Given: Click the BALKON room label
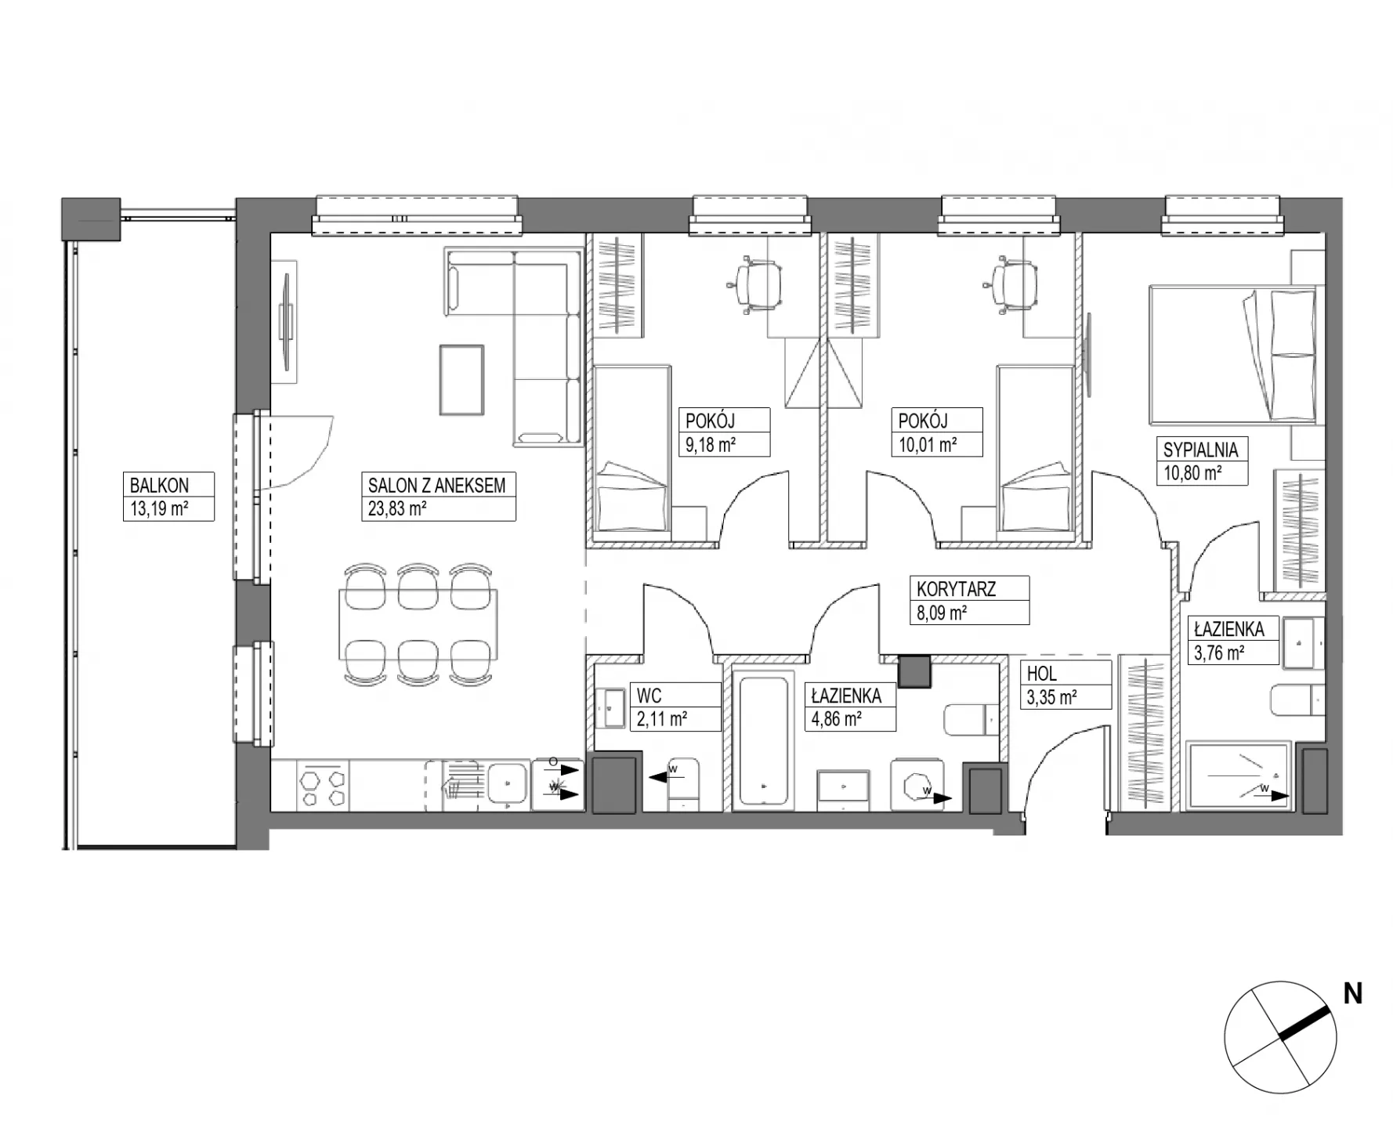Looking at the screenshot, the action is tap(159, 485).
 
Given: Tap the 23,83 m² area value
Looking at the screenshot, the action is tap(397, 509).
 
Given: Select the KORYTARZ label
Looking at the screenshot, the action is tap(957, 589).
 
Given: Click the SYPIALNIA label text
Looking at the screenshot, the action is tap(1200, 450).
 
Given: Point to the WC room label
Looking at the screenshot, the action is tap(649, 696).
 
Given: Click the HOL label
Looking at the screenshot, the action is tap(1041, 673).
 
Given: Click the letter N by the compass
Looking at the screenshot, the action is tap(1353, 994).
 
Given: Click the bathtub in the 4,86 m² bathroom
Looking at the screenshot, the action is tap(764, 741).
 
